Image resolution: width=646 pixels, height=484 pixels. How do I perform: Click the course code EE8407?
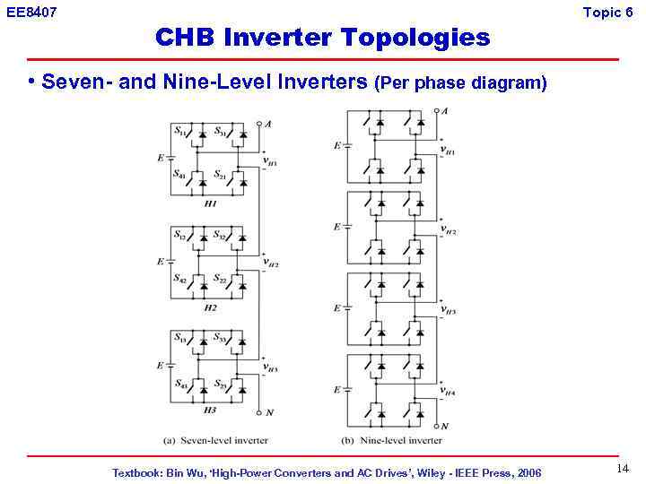(x=31, y=13)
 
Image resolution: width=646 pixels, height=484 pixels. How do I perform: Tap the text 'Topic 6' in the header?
(x=614, y=13)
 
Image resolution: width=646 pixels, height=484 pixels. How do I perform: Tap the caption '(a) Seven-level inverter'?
(x=216, y=440)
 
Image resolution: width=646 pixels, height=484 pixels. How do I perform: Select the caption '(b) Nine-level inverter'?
(x=391, y=440)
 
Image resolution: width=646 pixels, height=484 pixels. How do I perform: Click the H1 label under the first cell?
(x=211, y=203)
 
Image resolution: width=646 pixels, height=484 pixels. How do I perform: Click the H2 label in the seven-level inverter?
(x=211, y=307)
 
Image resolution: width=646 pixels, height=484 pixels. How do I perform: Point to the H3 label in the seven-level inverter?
(x=211, y=411)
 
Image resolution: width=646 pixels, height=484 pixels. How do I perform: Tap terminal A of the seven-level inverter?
(x=268, y=125)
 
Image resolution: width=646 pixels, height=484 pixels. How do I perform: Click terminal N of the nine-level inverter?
(x=444, y=427)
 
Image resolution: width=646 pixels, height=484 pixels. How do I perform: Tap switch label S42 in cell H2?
(x=180, y=278)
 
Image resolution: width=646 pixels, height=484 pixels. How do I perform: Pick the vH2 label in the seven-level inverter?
(x=270, y=264)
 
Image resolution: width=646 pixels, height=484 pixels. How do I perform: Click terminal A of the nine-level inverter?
(x=444, y=111)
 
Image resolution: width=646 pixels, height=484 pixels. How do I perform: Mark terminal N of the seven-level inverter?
(x=268, y=413)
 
